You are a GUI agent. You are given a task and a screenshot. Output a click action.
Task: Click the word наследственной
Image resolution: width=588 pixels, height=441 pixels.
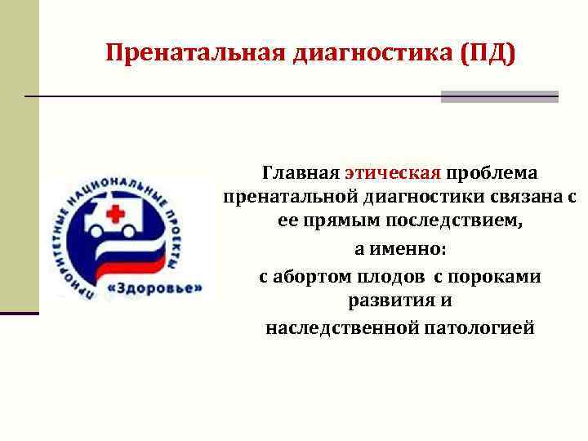point(335,327)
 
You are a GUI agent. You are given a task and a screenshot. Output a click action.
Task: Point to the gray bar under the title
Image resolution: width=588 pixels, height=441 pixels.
point(499,96)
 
